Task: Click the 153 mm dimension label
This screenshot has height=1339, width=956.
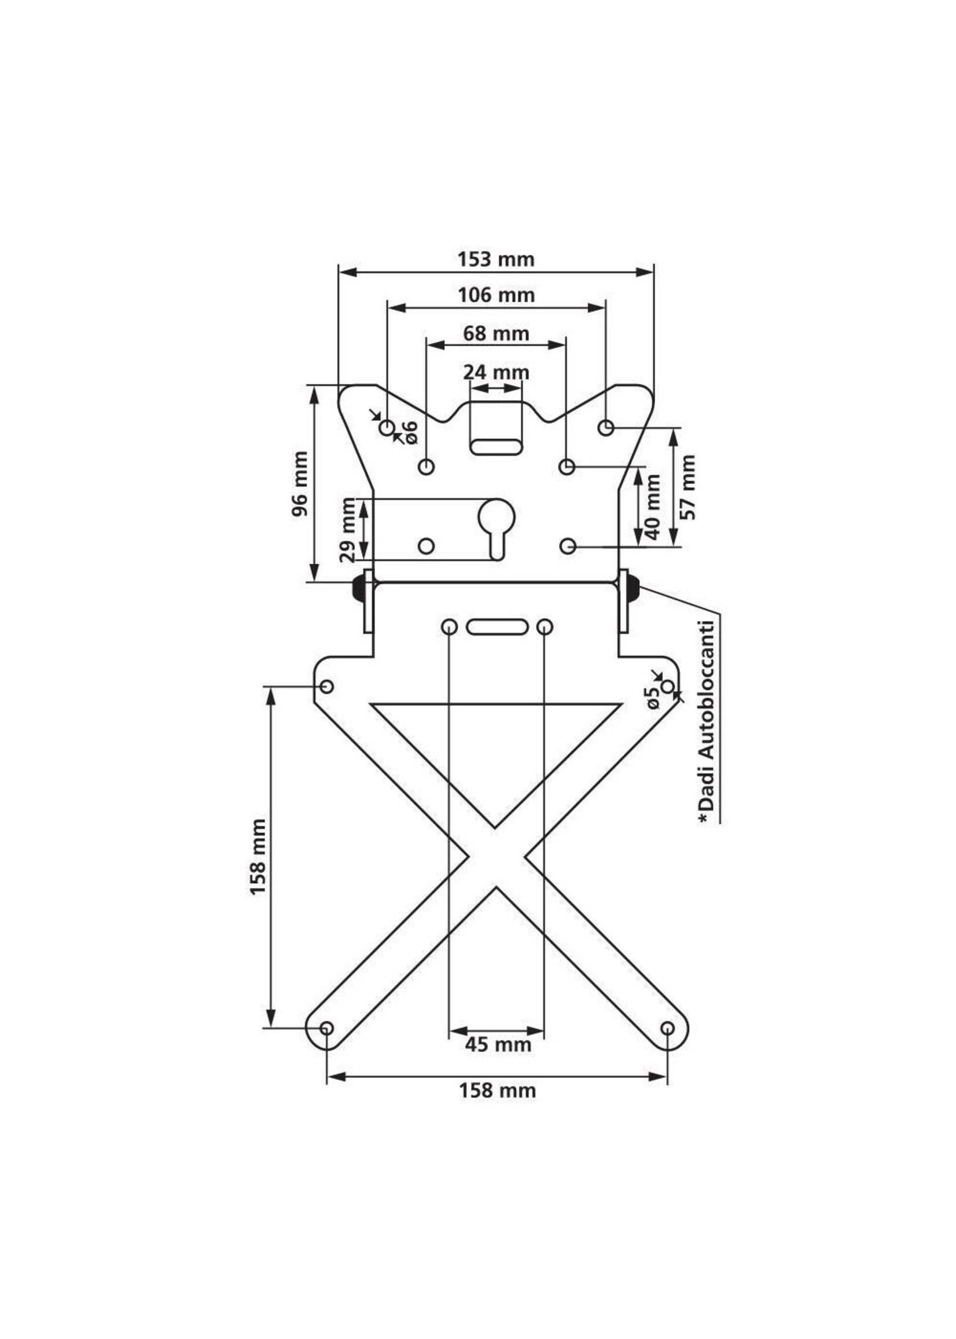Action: click(x=496, y=259)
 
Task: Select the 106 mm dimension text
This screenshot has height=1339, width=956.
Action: click(x=497, y=295)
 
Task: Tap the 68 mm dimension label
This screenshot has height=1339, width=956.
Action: click(x=496, y=334)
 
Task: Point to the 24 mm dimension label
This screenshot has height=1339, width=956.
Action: click(x=496, y=373)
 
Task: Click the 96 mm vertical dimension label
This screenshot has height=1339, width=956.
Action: click(x=300, y=483)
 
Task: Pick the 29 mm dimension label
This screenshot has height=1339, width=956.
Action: click(x=348, y=529)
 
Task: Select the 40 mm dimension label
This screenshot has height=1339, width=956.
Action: click(x=653, y=507)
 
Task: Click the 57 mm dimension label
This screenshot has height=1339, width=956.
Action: click(x=687, y=487)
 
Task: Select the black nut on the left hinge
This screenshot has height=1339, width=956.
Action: click(x=357, y=588)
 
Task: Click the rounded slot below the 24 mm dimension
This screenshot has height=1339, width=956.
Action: click(x=496, y=446)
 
